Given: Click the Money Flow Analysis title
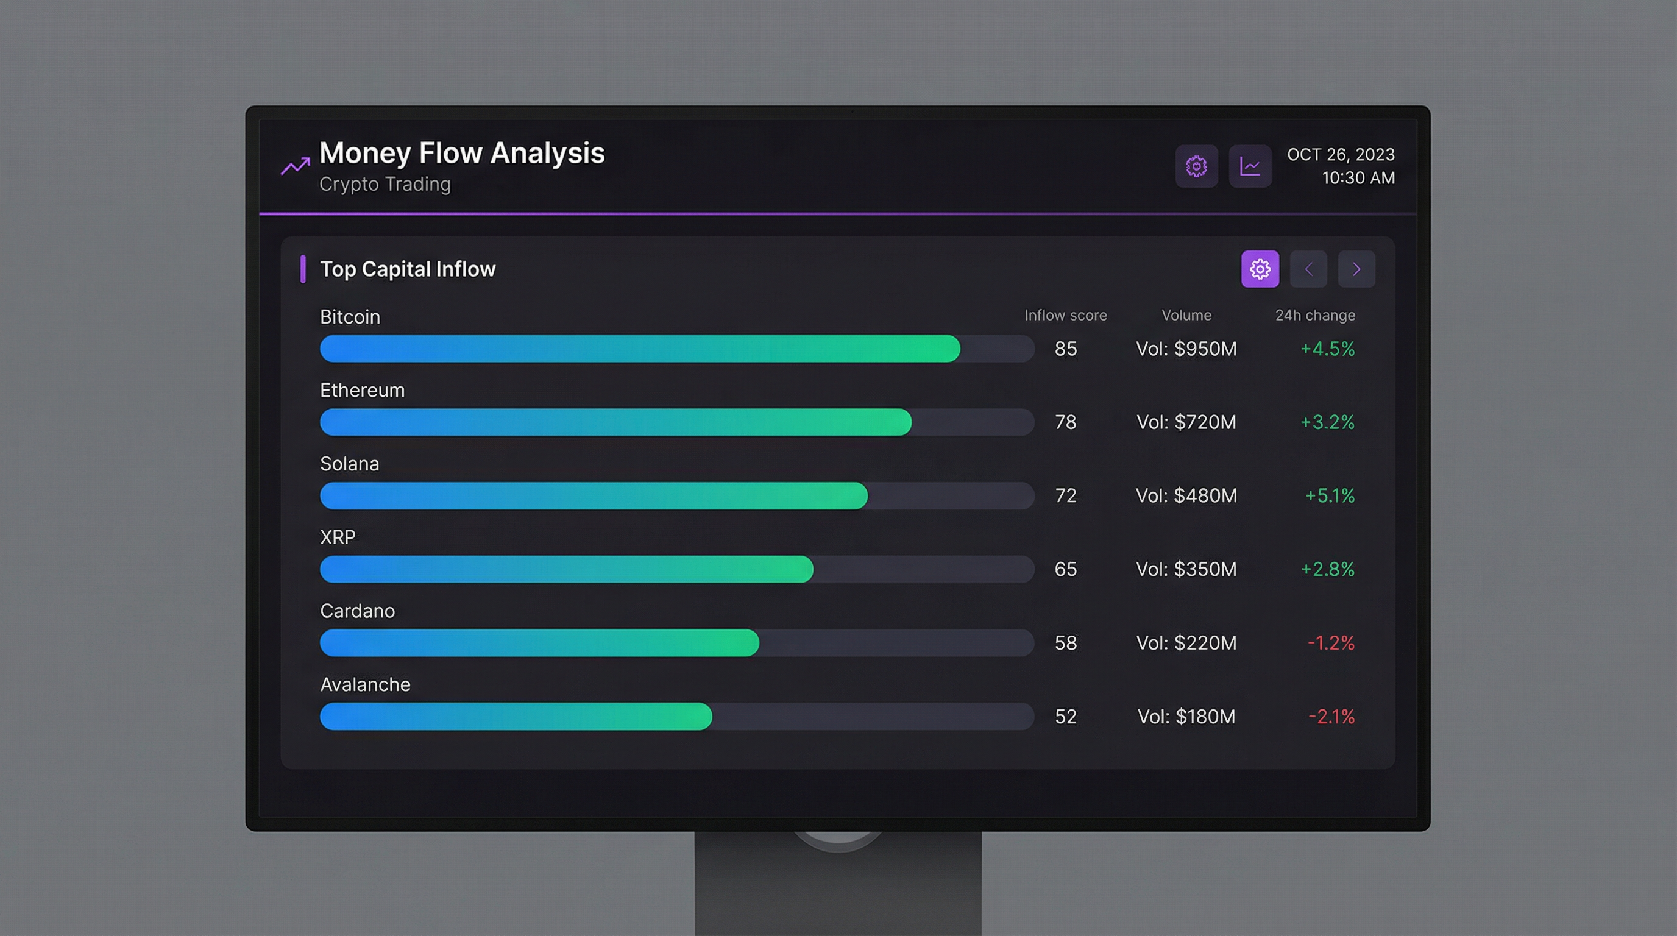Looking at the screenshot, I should click(461, 154).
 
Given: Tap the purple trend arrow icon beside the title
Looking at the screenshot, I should click(295, 166).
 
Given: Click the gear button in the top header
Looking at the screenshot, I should click(1196, 166).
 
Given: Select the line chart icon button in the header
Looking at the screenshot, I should click(1249, 166).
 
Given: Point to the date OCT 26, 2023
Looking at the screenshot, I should click(1341, 155).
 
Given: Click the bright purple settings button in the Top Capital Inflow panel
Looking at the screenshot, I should click(1260, 269).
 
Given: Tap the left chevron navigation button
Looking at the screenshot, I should click(1308, 269).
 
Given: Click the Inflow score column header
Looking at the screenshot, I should click(1065, 316).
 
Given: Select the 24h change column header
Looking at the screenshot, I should click(1314, 316).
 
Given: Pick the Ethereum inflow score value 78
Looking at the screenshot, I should click(1065, 422).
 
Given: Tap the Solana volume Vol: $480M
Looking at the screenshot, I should click(1185, 496).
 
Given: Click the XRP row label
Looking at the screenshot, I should click(337, 537).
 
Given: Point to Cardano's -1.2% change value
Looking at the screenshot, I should click(1330, 643).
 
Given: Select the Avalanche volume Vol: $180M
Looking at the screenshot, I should click(1185, 717).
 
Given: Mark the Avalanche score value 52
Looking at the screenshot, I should click(1065, 717).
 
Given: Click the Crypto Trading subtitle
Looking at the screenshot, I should click(385, 184).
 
